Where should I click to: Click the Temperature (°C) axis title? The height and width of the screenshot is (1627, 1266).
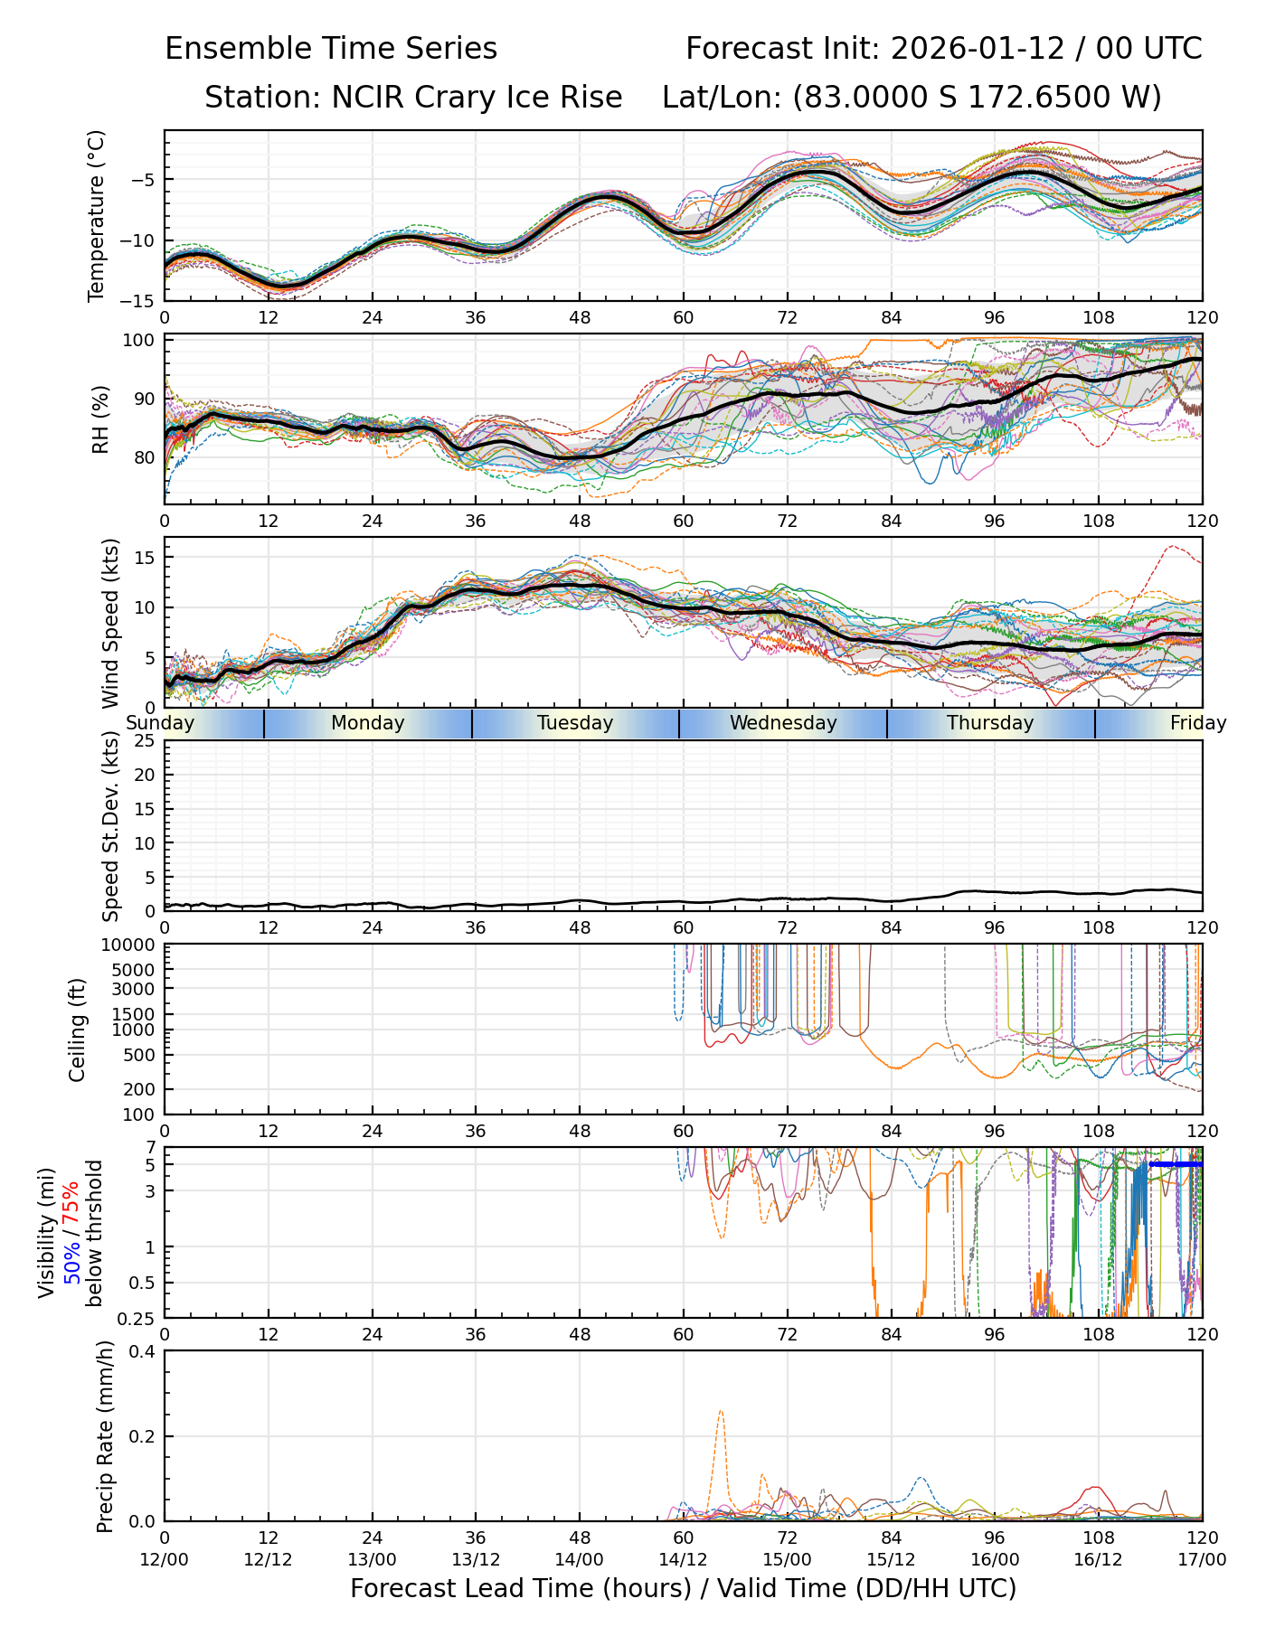click(x=97, y=215)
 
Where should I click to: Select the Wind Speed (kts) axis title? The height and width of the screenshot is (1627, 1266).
click(x=110, y=623)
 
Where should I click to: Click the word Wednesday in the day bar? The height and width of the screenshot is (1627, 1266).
click(x=783, y=723)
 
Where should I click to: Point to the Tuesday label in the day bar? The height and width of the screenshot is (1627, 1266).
click(x=575, y=723)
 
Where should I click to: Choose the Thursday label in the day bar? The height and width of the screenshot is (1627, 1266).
click(x=990, y=723)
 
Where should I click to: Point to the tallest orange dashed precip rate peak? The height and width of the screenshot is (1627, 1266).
click(x=721, y=1412)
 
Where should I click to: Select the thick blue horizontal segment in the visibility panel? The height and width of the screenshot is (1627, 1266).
click(x=1176, y=1164)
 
